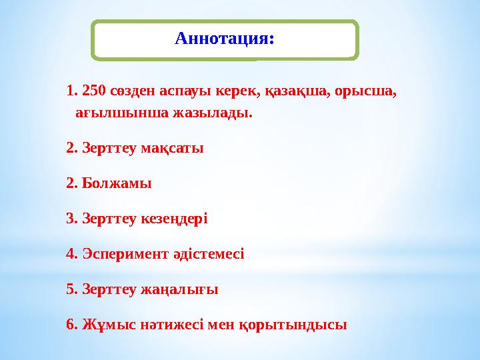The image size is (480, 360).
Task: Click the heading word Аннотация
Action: click(224, 39)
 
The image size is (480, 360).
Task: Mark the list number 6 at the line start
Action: click(71, 325)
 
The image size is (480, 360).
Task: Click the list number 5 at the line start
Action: click(71, 289)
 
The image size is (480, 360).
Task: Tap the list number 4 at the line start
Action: click(71, 253)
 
